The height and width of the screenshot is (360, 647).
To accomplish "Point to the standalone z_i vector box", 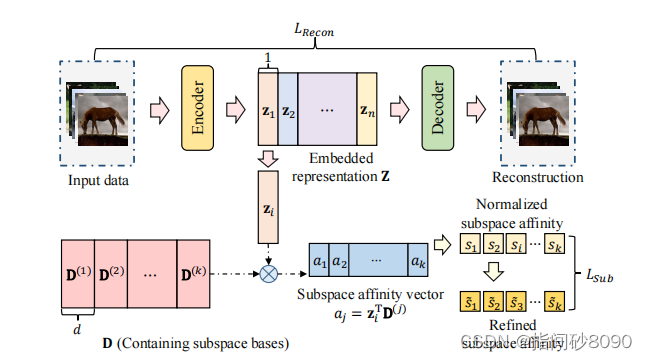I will tap(268, 211).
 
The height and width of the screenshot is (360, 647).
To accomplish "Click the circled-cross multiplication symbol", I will tap(268, 271).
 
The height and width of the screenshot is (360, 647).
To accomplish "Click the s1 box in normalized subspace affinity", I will tap(469, 245).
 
